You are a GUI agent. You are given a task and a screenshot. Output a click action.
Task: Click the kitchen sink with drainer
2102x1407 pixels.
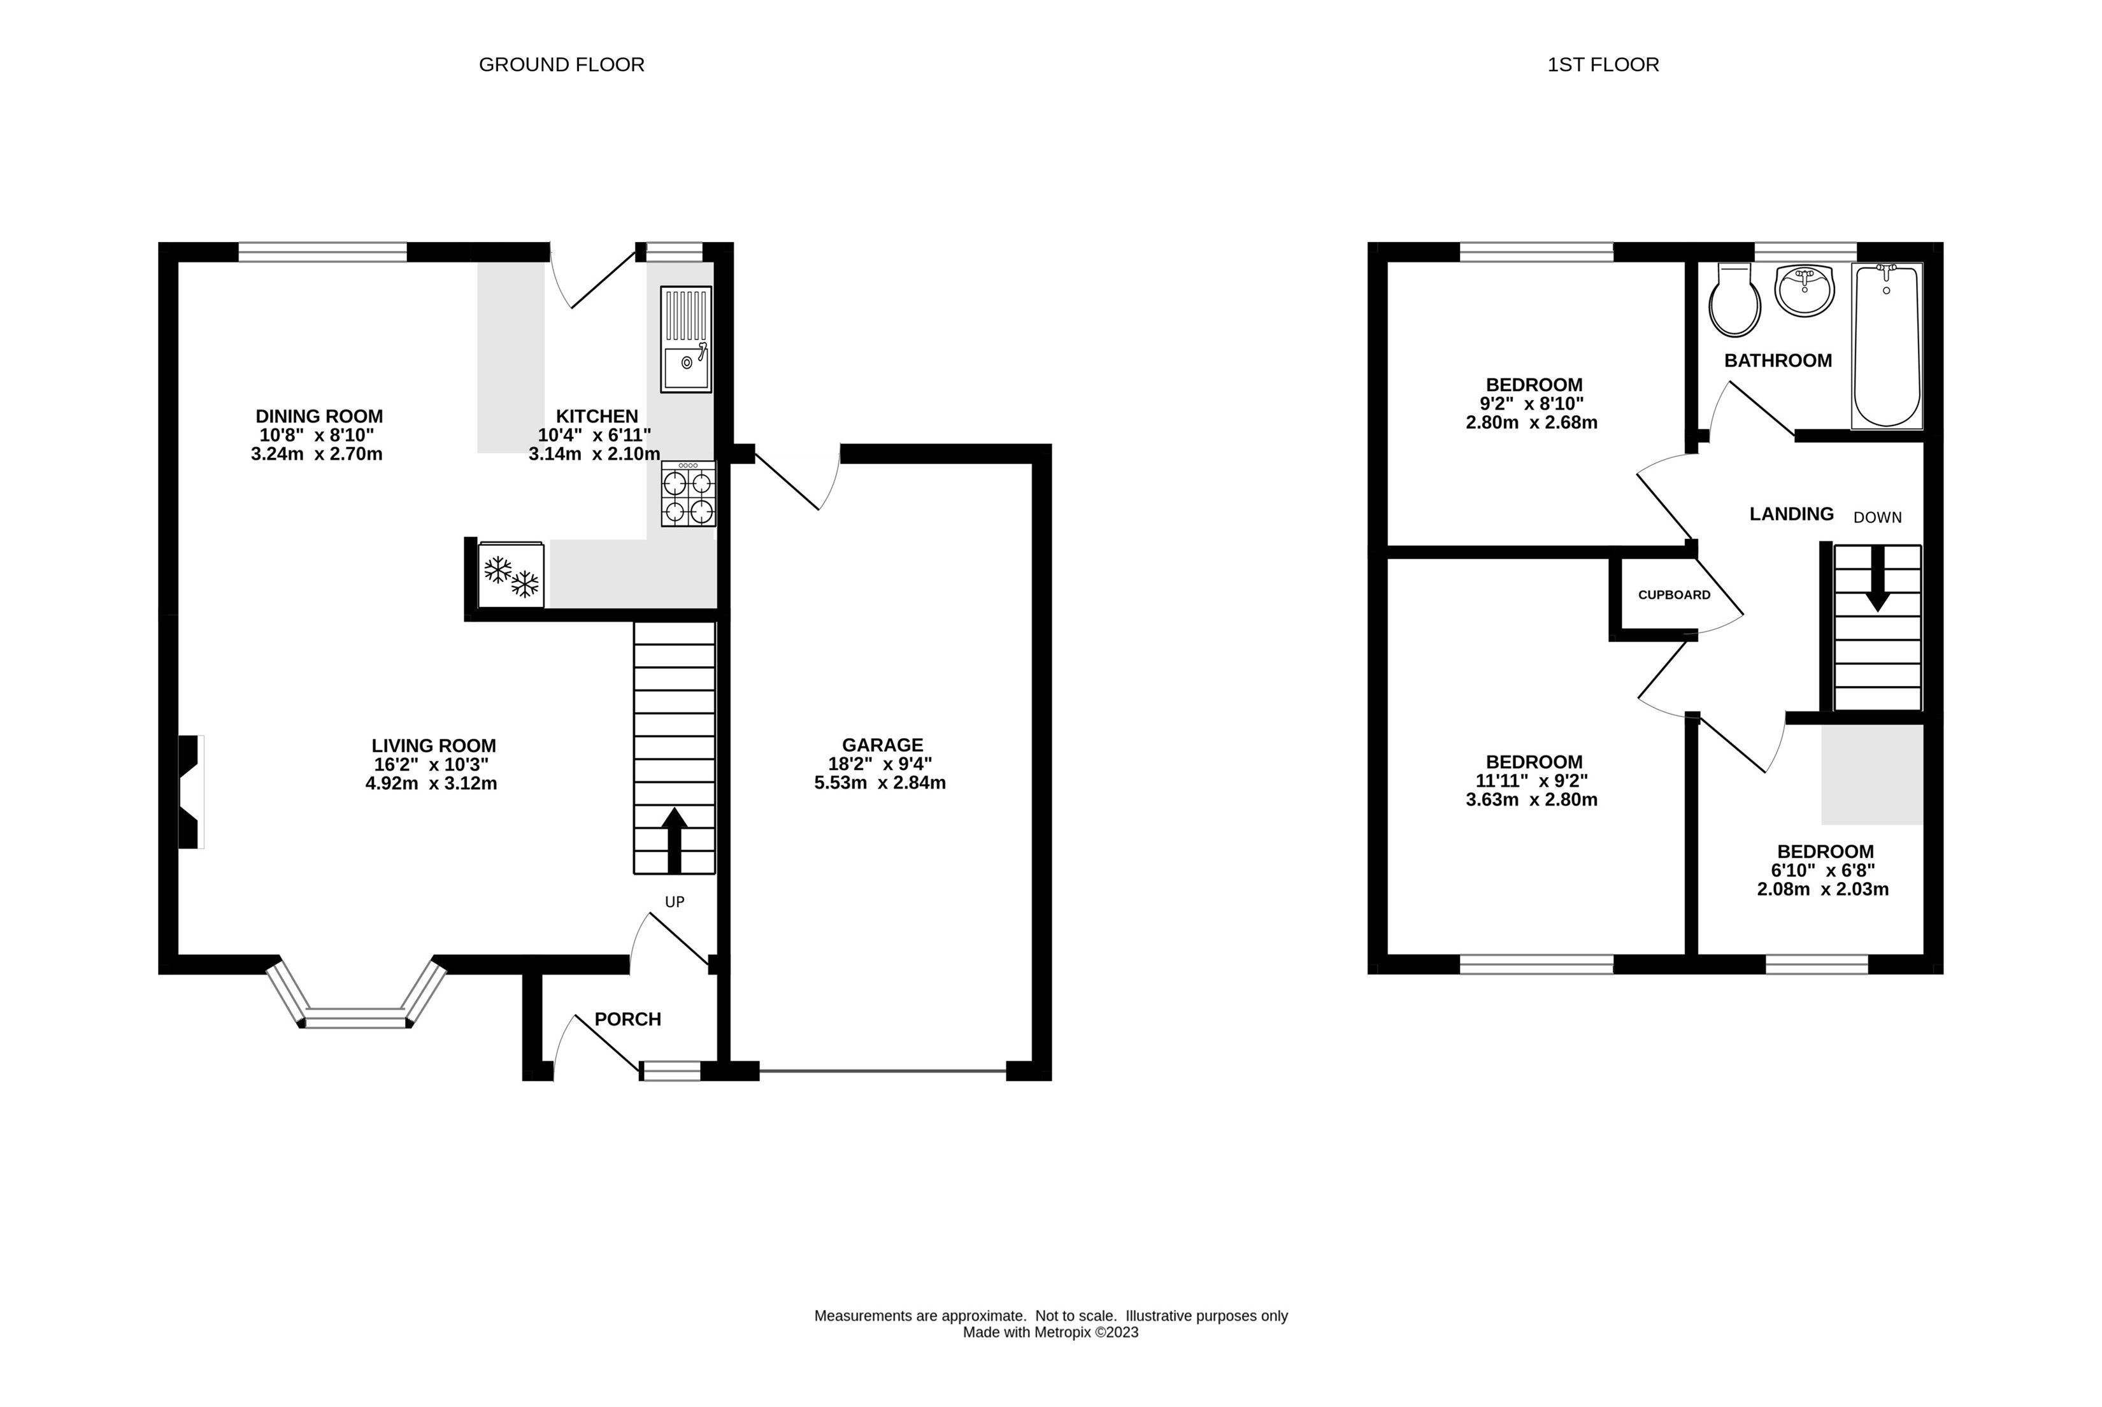pos(686,339)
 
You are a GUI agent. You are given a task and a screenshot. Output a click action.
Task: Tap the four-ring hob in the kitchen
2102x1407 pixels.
pos(688,494)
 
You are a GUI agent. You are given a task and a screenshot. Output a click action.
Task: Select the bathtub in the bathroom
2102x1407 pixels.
pos(1887,345)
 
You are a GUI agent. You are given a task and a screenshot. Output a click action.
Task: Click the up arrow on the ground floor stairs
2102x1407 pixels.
pos(675,839)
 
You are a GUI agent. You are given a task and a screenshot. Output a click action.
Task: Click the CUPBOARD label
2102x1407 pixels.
pos(1674,595)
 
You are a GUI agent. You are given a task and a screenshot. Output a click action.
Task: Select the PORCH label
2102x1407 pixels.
pos(628,1019)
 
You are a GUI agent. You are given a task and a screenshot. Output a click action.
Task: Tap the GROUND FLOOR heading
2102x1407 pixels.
pos(562,64)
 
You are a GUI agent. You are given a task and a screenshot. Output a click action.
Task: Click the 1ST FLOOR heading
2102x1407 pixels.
pos(1603,64)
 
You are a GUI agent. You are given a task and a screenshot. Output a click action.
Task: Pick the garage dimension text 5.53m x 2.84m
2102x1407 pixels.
pos(880,782)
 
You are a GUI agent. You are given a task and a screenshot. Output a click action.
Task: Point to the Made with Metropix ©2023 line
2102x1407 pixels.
pos(1050,1332)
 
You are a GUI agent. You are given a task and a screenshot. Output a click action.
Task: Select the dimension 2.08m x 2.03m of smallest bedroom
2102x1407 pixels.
pos(1823,890)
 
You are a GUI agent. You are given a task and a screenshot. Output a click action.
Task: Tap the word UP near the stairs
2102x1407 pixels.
pos(675,902)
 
